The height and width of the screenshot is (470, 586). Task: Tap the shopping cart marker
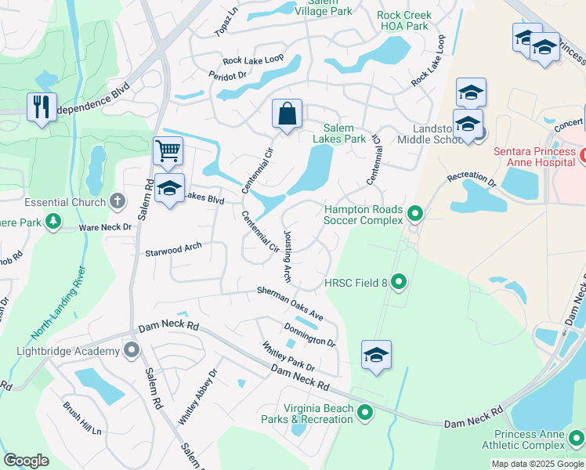click(168, 150)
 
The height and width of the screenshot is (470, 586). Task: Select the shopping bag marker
click(288, 114)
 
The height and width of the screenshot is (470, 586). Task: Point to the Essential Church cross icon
click(118, 202)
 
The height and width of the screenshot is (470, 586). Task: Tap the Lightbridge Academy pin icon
click(132, 350)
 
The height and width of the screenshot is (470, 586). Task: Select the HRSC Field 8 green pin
click(399, 280)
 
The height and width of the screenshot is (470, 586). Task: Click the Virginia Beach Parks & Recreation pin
click(364, 411)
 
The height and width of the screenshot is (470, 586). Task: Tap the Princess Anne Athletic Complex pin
click(577, 439)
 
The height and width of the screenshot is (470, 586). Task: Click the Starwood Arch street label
click(173, 250)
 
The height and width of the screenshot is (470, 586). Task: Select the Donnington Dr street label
click(309, 334)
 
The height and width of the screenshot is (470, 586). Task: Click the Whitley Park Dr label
click(288, 356)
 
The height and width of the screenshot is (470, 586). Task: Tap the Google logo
click(27, 461)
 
